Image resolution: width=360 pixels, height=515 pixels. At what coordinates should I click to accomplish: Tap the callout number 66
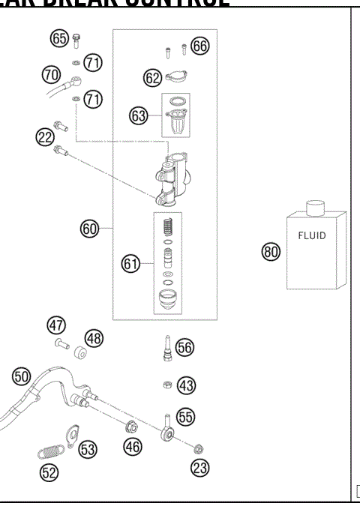coord(199,46)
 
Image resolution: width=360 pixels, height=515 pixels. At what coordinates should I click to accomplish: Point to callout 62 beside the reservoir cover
coord(152,76)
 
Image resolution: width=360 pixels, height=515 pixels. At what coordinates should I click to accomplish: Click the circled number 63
coord(139,116)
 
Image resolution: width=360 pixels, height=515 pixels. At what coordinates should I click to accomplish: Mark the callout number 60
coord(90,229)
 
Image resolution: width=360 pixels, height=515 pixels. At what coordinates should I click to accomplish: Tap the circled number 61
coord(131,263)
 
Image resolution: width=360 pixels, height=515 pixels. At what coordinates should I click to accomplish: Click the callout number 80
coord(270,252)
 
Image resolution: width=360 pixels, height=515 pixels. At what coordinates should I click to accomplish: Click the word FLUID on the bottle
coord(312,235)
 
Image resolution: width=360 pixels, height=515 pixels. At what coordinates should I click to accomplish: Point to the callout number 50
coord(21,375)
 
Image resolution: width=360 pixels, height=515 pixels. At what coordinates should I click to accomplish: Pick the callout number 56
coord(184,347)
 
